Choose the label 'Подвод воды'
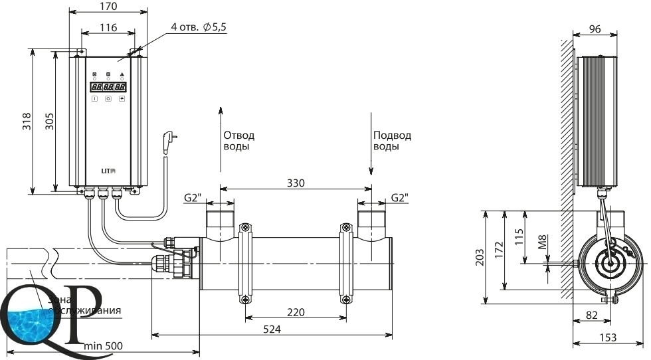pyautogui.click(x=392, y=140)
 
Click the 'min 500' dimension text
pyautogui.click(x=103, y=346)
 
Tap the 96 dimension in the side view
pyautogui.click(x=596, y=29)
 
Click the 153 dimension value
pyautogui.click(x=606, y=337)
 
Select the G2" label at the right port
pyautogui.click(x=399, y=198)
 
